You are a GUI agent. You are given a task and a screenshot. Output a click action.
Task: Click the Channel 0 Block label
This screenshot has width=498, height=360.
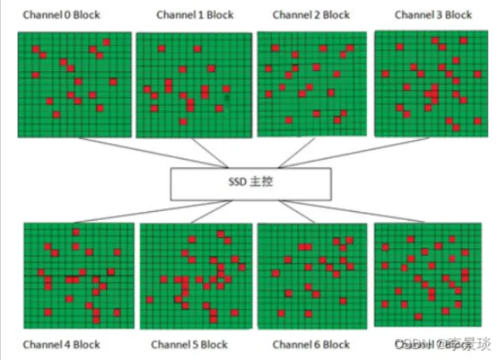tap(61, 15)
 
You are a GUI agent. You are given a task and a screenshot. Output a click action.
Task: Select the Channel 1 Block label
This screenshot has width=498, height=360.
tap(195, 15)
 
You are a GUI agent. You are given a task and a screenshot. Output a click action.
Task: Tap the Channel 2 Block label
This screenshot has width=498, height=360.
tap(310, 15)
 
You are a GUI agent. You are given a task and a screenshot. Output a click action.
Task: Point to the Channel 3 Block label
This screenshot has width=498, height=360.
tap(433, 14)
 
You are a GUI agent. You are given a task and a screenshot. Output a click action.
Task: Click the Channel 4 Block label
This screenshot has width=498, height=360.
tap(61, 345)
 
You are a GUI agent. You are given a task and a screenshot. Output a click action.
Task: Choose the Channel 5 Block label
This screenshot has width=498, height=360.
tap(190, 345)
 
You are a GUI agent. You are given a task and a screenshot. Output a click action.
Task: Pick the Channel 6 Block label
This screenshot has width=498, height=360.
tap(311, 345)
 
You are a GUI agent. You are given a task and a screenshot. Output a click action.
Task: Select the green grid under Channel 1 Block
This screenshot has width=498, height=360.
tap(193, 85)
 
